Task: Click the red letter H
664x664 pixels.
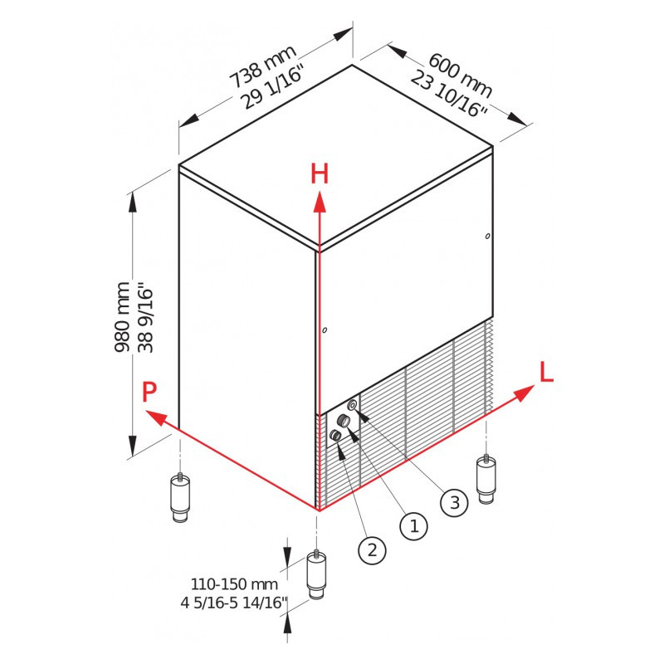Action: [x=320, y=174]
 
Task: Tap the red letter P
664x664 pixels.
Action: [x=149, y=392]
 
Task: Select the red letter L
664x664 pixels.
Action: [x=546, y=372]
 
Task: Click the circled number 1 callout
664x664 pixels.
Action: [x=413, y=526]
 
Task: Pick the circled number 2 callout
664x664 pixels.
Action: [x=372, y=550]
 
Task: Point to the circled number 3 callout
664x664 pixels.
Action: [x=454, y=503]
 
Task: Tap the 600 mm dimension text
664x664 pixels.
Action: [x=461, y=76]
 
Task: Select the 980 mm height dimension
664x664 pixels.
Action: [x=122, y=316]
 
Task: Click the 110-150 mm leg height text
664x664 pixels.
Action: [x=234, y=584]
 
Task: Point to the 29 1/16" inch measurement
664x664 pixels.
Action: [x=273, y=87]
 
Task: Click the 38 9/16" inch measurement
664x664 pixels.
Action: [x=145, y=320]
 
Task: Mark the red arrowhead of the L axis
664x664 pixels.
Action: [x=525, y=392]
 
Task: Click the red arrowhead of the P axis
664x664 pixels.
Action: [x=155, y=417]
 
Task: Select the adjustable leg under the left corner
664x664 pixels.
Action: [x=180, y=496]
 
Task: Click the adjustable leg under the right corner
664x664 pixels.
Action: [x=486, y=479]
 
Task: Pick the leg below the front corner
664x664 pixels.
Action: [x=316, y=574]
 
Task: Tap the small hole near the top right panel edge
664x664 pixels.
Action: [x=488, y=236]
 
